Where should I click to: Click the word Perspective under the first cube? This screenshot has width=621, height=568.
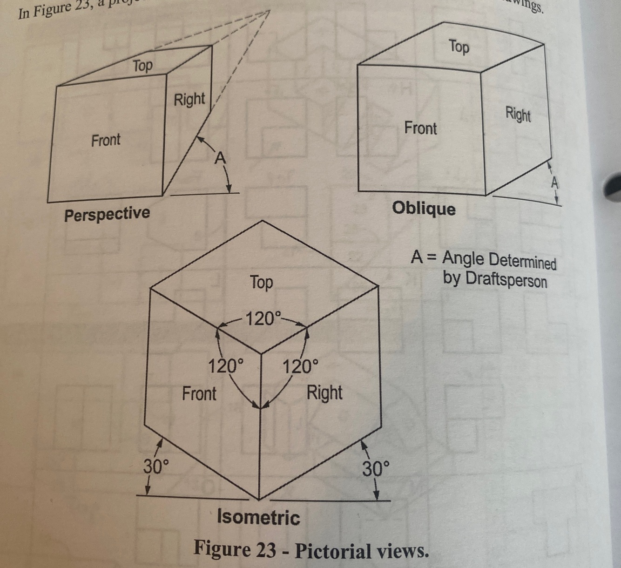(107, 215)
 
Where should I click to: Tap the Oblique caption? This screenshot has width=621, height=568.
(424, 208)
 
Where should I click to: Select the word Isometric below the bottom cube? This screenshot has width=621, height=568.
(258, 517)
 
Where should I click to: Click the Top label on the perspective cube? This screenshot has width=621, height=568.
(142, 66)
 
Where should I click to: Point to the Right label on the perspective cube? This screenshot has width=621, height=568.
(189, 99)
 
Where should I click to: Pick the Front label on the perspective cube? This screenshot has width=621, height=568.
(106, 140)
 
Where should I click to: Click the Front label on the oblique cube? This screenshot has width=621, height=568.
(420, 128)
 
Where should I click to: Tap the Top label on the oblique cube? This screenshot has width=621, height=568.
(459, 47)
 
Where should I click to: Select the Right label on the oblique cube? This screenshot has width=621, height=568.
(518, 114)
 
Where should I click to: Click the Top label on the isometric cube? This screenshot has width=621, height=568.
(261, 282)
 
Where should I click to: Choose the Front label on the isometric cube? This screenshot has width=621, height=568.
(199, 393)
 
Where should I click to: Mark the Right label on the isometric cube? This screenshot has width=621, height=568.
(324, 393)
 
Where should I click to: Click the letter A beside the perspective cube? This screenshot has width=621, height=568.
(220, 159)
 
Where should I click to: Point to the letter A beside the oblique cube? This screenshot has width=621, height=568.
(554, 183)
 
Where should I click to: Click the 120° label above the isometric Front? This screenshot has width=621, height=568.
(225, 366)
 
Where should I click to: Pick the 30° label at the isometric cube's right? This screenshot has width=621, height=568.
(376, 469)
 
